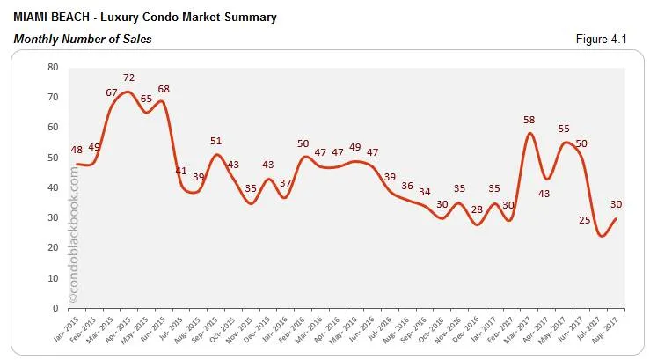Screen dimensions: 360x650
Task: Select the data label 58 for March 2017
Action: click(x=529, y=119)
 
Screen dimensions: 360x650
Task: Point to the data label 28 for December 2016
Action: click(x=477, y=209)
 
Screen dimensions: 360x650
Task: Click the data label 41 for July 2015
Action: click(x=180, y=171)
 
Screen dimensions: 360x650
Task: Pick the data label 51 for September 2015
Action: click(x=215, y=141)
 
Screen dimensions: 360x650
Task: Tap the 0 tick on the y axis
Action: click(x=55, y=308)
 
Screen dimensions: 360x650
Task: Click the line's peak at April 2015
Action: click(x=128, y=92)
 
